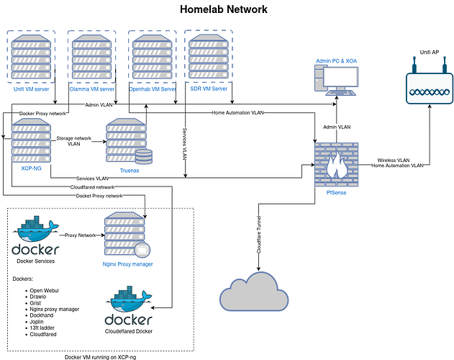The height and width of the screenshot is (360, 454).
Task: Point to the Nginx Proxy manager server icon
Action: pyautogui.click(x=128, y=235)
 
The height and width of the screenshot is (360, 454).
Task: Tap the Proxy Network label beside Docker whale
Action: pyautogui.click(x=81, y=235)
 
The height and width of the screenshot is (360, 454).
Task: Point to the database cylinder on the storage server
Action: pyautogui.click(x=145, y=156)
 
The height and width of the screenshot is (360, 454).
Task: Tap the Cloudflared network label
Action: pyautogui.click(x=95, y=186)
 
